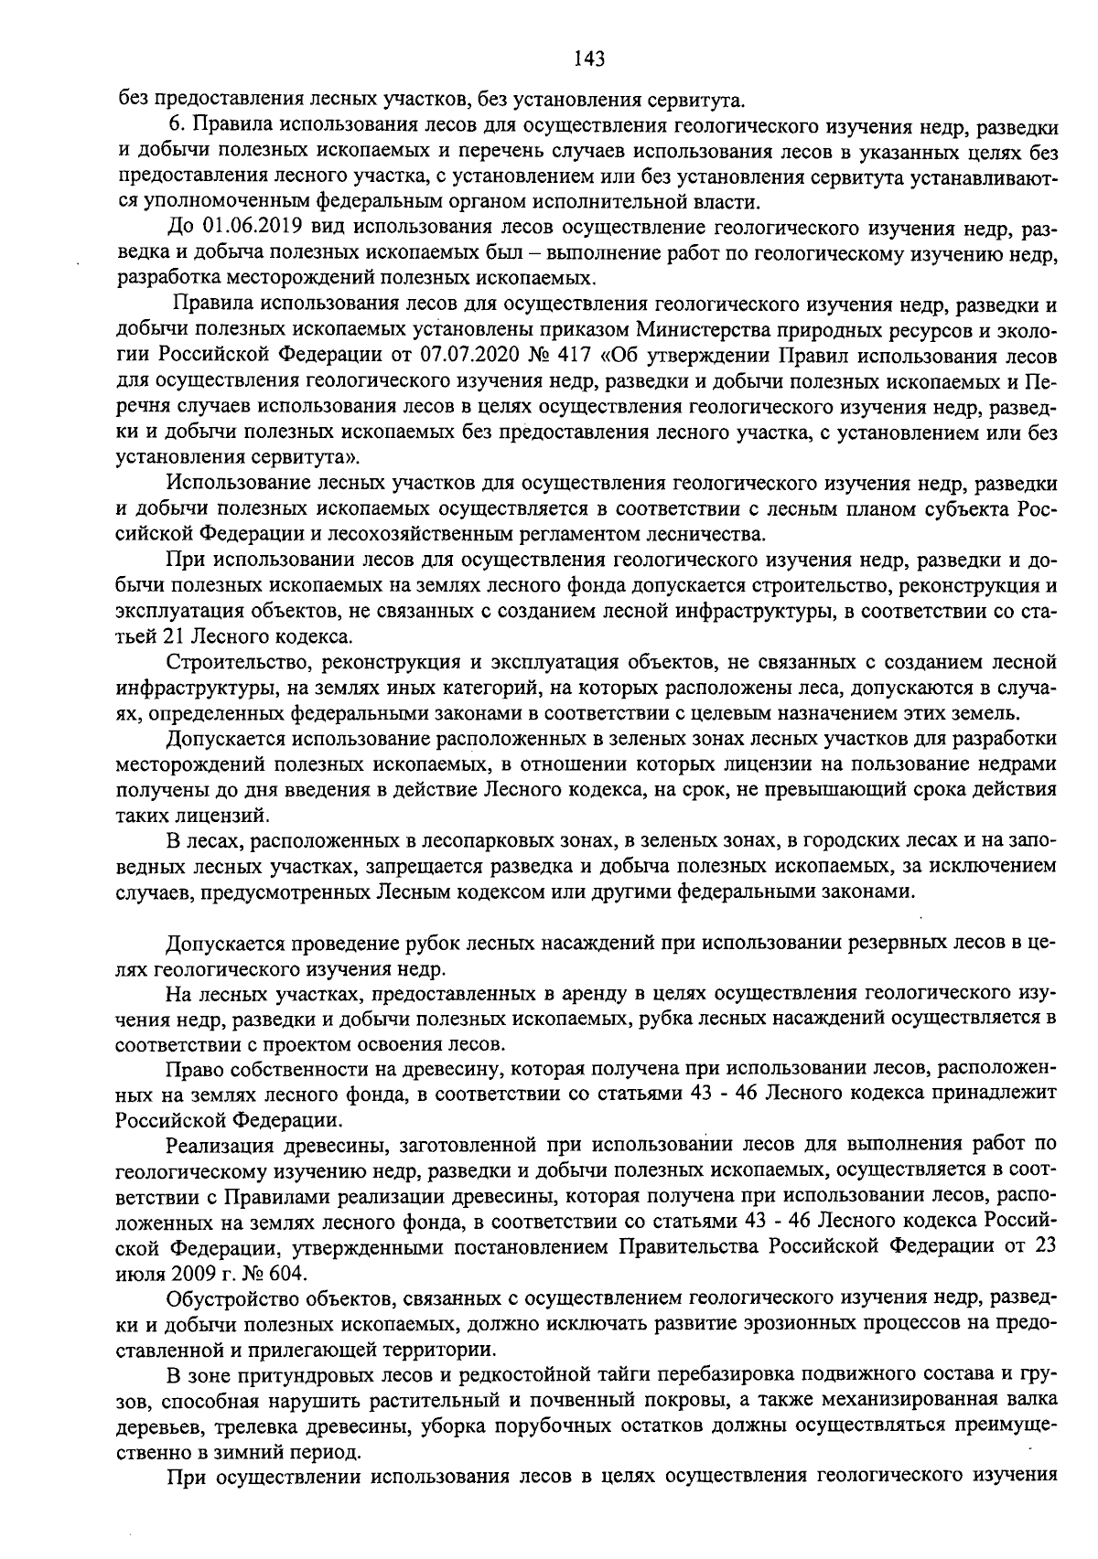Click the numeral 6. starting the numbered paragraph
tap(178, 124)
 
